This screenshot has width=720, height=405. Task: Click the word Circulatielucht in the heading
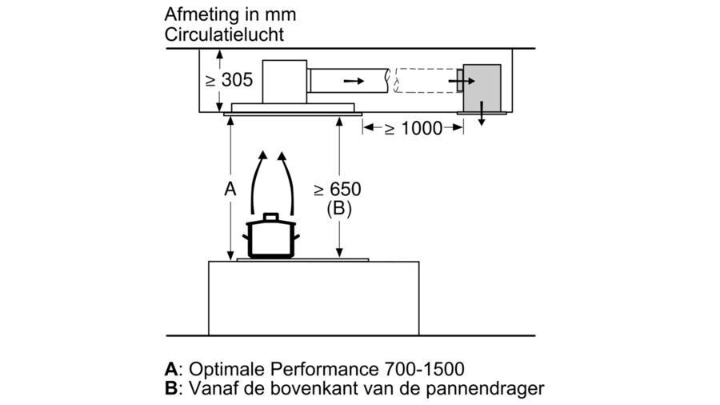(224, 34)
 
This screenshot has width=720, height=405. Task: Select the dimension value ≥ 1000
(413, 128)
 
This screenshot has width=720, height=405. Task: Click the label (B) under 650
(339, 209)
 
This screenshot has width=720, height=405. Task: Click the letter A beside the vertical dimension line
(230, 190)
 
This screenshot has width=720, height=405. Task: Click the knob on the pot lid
(271, 216)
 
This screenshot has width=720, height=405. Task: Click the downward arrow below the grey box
(482, 118)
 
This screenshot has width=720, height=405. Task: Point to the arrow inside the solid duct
(352, 81)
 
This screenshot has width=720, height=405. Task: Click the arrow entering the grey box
(460, 81)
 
